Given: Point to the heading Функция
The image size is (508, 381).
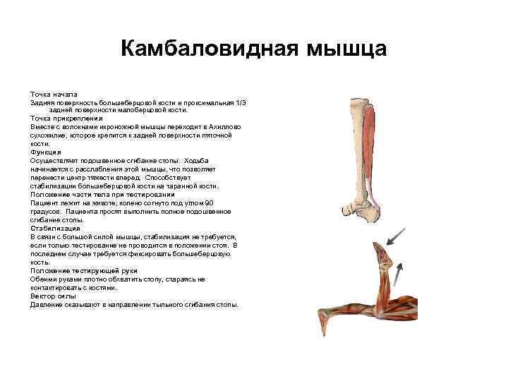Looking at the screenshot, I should (x=46, y=152).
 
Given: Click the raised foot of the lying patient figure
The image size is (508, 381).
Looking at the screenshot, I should (x=381, y=255).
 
